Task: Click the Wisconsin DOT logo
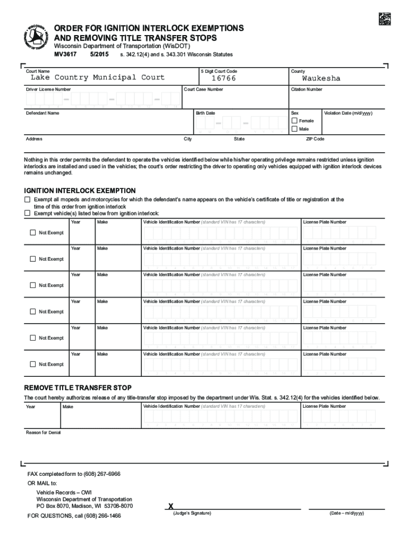point(37,38)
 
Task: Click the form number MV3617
point(66,55)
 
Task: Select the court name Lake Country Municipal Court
point(98,78)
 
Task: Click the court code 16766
point(224,79)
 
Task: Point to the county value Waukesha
point(321,78)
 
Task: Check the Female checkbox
point(295,121)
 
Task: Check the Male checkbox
point(295,129)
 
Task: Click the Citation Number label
point(306,89)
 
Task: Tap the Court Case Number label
point(203,89)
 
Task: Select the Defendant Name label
point(43,113)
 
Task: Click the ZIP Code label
point(315,139)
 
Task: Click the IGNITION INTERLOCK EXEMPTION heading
point(80,191)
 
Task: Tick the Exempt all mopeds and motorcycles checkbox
point(28,200)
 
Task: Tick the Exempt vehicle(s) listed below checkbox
point(28,213)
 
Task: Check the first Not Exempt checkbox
point(33,233)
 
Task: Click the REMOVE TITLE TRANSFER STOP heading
point(78,387)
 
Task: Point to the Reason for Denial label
point(44,432)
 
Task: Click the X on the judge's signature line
point(171,506)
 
